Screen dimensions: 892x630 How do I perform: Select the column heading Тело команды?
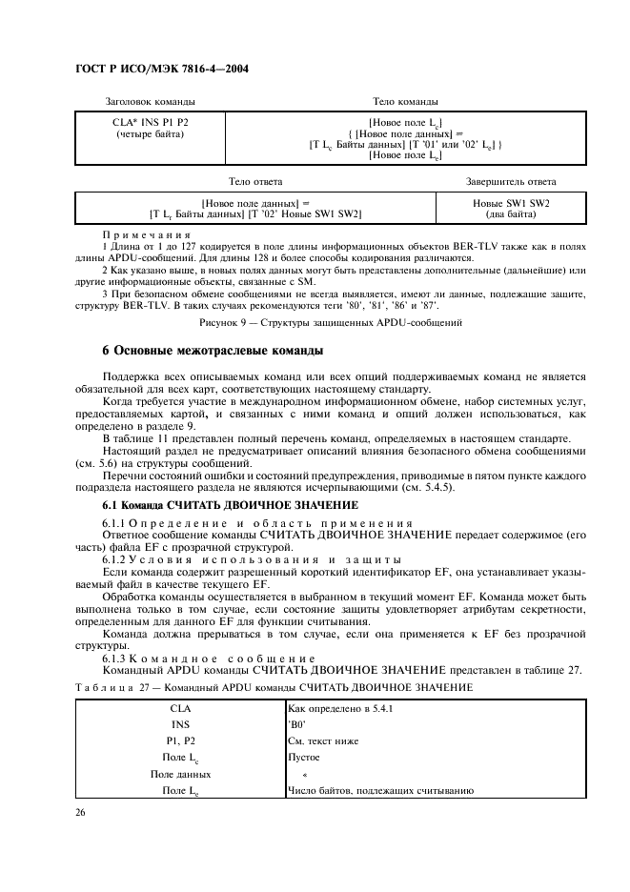pyautogui.click(x=405, y=101)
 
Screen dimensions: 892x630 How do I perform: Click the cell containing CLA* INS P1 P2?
pyautogui.click(x=150, y=122)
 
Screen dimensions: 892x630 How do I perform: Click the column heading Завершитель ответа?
pyautogui.click(x=511, y=181)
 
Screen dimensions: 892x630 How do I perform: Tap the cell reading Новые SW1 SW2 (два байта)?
pyautogui.click(x=511, y=209)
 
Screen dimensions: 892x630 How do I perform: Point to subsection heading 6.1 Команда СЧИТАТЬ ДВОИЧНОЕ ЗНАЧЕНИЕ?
pyautogui.click(x=230, y=504)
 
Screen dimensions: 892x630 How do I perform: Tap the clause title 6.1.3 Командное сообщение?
pyautogui.click(x=209, y=659)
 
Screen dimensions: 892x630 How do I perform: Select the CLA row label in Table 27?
pyautogui.click(x=179, y=709)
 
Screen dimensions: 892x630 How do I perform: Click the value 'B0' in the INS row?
pyautogui.click(x=295, y=724)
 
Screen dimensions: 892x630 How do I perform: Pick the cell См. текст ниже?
pyautogui.click(x=323, y=740)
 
